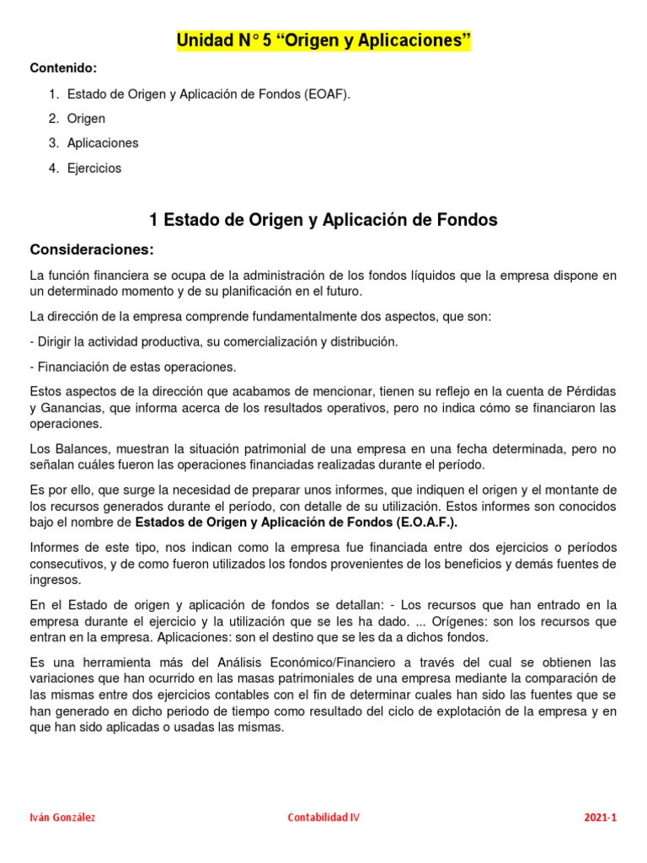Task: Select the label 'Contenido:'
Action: coord(63,67)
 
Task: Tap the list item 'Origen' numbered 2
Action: coord(86,118)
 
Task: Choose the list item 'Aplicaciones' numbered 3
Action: coord(103,143)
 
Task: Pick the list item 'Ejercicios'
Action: coord(94,169)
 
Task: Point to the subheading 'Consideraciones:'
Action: coord(92,249)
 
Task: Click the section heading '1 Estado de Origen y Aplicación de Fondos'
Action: coord(323,221)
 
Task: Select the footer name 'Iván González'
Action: coord(62,817)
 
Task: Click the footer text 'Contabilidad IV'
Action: coord(323,817)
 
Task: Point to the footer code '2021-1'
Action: coord(601,817)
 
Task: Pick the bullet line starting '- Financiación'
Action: coord(132,367)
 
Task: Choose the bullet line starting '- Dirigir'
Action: coord(213,341)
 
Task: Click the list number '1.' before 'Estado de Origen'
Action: coord(53,94)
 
